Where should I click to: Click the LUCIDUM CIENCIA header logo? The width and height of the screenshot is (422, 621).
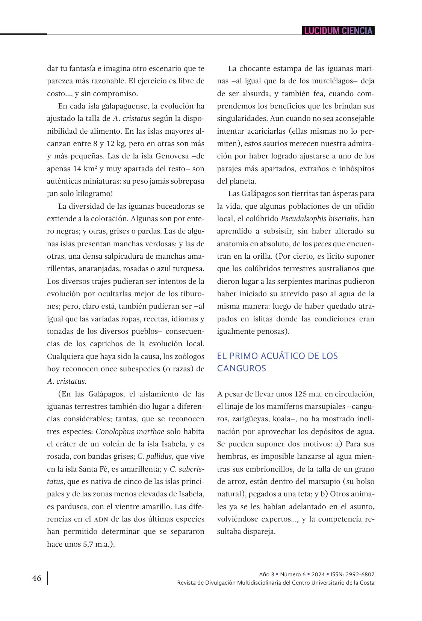(x=338, y=31)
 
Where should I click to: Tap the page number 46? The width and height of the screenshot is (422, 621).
(x=37, y=578)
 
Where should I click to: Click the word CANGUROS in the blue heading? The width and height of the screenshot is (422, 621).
(x=241, y=368)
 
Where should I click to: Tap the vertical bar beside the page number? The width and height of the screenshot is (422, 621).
(x=47, y=578)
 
